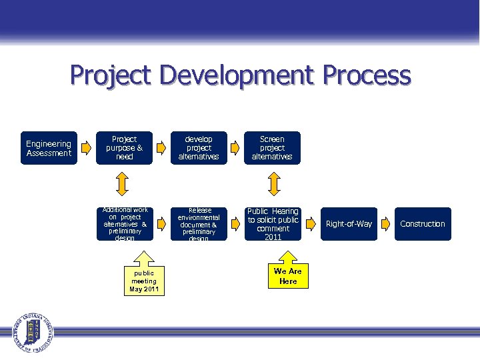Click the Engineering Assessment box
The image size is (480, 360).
click(x=49, y=148)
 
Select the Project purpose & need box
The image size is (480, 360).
click(x=125, y=148)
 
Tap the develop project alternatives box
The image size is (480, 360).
click(x=199, y=148)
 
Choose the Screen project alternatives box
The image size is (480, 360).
click(x=272, y=148)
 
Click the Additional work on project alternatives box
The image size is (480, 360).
click(x=125, y=224)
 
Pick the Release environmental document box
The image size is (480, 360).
click(x=199, y=224)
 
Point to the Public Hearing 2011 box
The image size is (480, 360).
click(x=273, y=224)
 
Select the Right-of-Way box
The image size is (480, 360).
click(x=349, y=224)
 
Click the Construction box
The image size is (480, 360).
click(x=422, y=224)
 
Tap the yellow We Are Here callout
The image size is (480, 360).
click(x=288, y=273)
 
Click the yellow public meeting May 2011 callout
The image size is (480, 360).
click(x=143, y=279)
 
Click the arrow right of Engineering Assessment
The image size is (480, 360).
click(x=85, y=148)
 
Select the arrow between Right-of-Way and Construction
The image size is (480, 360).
click(x=386, y=224)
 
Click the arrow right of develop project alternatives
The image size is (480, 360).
click(x=235, y=148)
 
